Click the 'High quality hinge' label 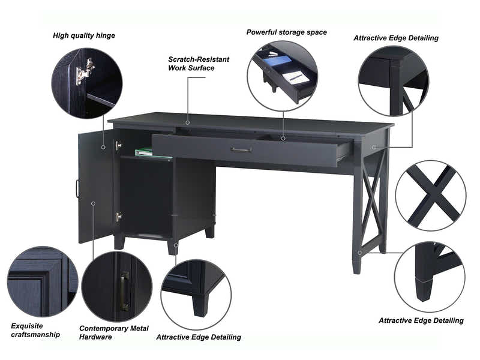click(83, 35)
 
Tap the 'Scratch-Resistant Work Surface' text click(198, 64)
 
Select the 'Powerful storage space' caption click(286, 32)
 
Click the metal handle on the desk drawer click(241, 149)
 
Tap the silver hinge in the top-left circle click(84, 71)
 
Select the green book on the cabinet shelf click(145, 152)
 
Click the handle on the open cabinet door click(77, 188)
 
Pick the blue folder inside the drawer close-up click(277, 60)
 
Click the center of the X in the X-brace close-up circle click(430, 193)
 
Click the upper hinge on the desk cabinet click(118, 145)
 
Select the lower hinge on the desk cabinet click(119, 216)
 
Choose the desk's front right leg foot click(357, 264)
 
